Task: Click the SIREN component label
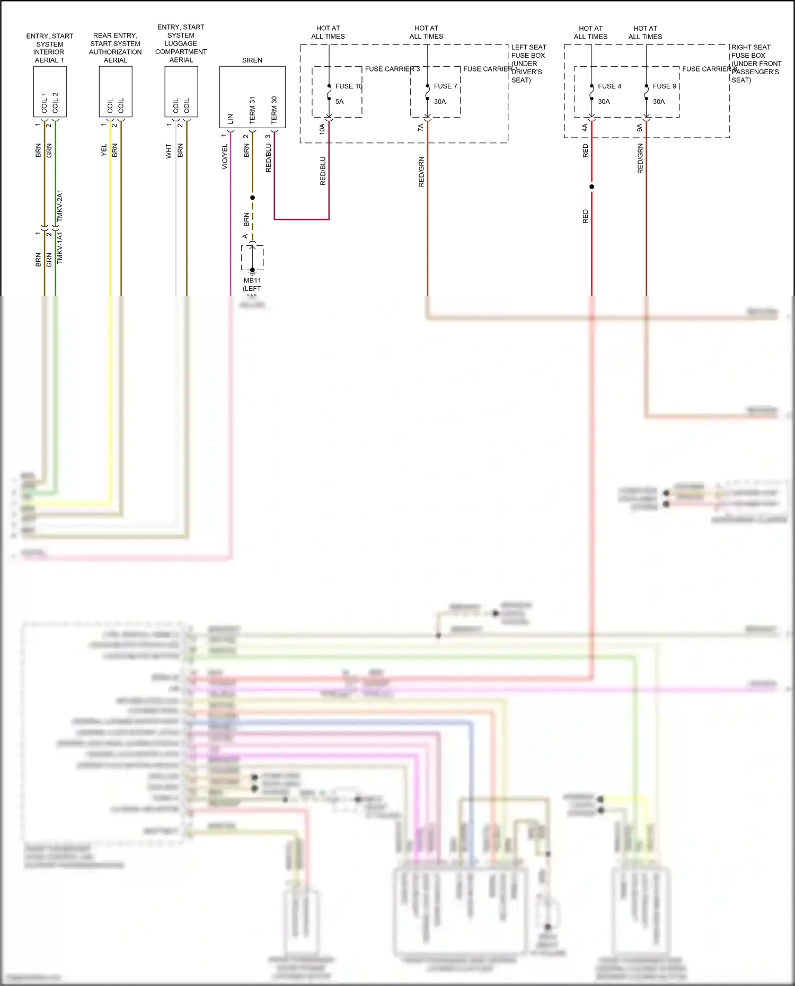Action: click(252, 60)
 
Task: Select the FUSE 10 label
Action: click(349, 86)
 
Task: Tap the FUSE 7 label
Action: click(445, 86)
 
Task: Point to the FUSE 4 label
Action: click(609, 86)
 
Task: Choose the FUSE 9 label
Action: click(664, 86)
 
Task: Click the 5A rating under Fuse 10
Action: click(339, 101)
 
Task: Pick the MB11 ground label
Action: click(252, 280)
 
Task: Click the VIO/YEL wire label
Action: click(225, 156)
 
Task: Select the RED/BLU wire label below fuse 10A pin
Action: click(323, 171)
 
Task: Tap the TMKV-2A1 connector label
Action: click(60, 206)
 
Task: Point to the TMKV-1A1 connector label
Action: click(60, 247)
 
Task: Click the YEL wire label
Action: click(104, 150)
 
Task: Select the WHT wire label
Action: click(169, 151)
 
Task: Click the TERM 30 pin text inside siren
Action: click(274, 110)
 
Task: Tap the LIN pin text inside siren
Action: click(231, 119)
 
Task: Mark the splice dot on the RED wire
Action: click(591, 186)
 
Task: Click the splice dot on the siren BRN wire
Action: click(252, 198)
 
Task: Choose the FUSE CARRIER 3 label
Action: click(392, 69)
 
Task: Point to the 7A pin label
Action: click(421, 128)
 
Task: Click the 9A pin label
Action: click(640, 128)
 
